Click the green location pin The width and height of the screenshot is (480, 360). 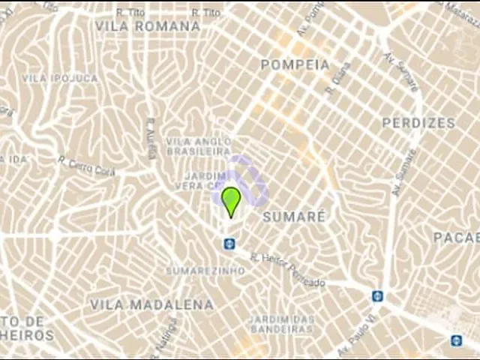tap(231, 200)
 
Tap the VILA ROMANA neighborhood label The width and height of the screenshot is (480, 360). tap(148, 26)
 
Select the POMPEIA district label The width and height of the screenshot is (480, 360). tap(295, 65)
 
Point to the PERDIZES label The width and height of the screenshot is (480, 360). tap(418, 123)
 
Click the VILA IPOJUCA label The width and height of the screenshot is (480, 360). tap(60, 78)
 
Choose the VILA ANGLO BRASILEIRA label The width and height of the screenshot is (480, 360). tap(199, 145)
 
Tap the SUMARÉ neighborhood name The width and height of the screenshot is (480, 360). tap(294, 217)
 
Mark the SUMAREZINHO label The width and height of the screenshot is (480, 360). tap(205, 270)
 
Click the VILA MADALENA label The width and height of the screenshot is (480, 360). tap(151, 304)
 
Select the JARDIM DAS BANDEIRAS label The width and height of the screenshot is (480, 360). tap(280, 324)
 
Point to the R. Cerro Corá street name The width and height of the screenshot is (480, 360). tap(87, 166)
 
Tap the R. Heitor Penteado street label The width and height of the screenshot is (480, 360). tap(288, 270)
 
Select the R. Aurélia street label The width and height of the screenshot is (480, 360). tap(152, 138)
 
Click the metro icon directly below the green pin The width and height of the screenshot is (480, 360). tap(229, 243)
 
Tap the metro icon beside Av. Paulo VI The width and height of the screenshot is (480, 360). tap(377, 296)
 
